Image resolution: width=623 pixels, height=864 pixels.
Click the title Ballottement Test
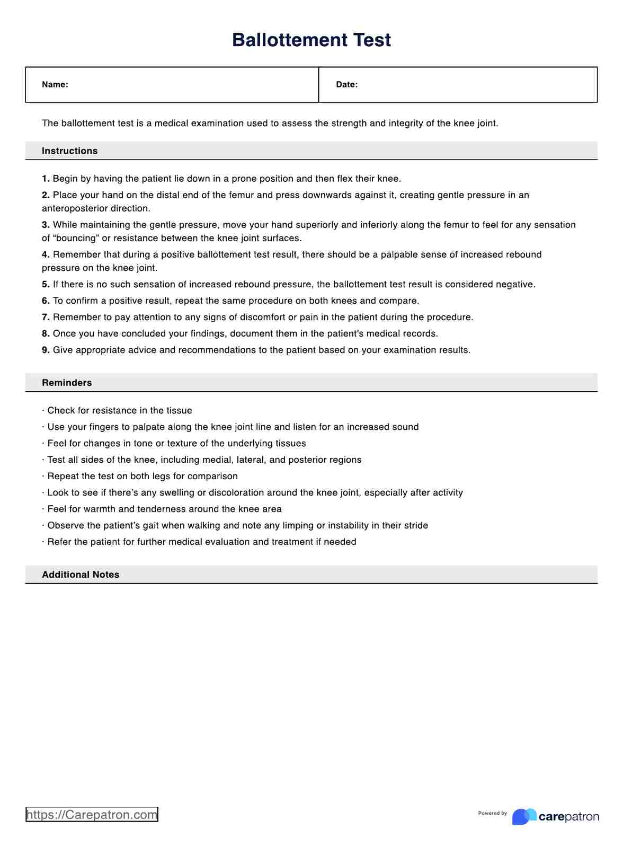tap(311, 40)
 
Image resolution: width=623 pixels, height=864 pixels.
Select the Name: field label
tap(55, 84)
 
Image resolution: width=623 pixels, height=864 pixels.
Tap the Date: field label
tap(346, 84)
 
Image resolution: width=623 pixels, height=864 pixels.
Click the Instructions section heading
tap(69, 151)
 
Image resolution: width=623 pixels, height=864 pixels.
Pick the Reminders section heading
tap(67, 383)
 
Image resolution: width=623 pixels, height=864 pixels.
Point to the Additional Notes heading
tap(81, 575)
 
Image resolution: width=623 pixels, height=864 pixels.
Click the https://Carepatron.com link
tap(92, 815)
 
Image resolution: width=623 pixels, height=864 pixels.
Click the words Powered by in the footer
tap(492, 813)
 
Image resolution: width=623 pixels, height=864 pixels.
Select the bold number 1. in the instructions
tap(46, 179)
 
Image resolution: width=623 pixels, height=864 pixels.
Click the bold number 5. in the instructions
tap(46, 285)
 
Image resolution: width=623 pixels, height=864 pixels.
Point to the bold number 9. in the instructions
tap(46, 350)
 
